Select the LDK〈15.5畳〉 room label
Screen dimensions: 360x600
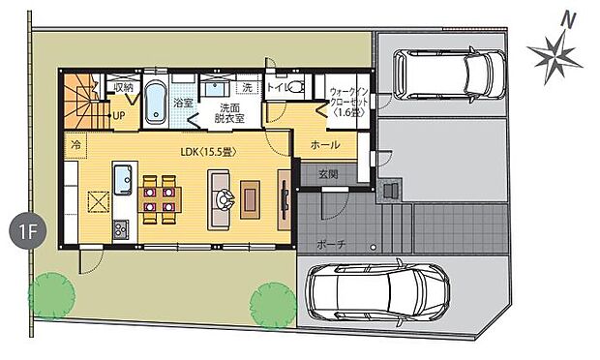(x=207, y=151)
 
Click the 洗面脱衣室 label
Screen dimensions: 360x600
(x=229, y=112)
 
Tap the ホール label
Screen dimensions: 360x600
(x=325, y=145)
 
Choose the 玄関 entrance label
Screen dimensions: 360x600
(x=327, y=173)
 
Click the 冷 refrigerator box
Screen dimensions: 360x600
(x=75, y=143)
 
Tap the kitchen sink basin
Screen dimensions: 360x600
(x=124, y=178)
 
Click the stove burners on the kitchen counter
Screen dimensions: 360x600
(x=120, y=228)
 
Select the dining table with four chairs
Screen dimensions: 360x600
(x=160, y=195)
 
